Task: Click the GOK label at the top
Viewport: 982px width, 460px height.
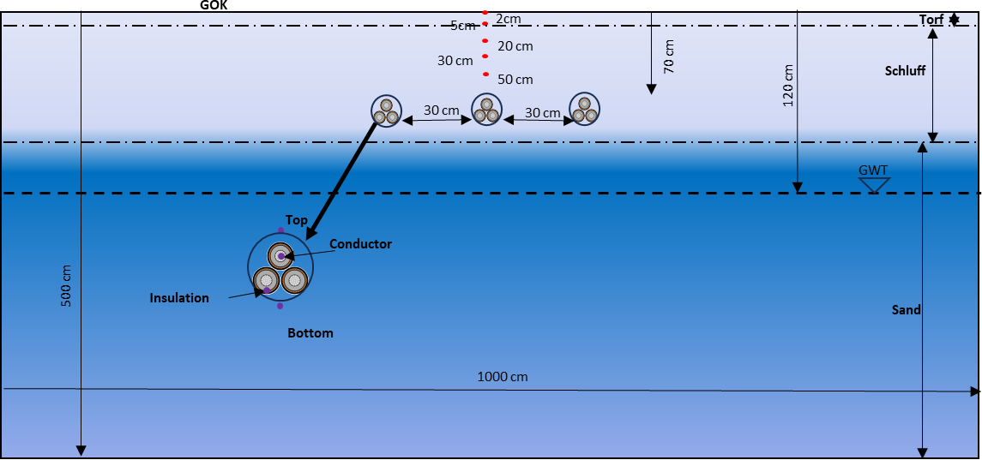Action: pyautogui.click(x=214, y=4)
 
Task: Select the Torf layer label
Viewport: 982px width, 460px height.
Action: pyautogui.click(x=931, y=19)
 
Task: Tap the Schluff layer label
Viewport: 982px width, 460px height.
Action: pyautogui.click(x=905, y=71)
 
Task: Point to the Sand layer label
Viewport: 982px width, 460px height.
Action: pyautogui.click(x=906, y=310)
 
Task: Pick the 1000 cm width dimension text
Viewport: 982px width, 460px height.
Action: pyautogui.click(x=503, y=377)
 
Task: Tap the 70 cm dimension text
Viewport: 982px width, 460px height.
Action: pyautogui.click(x=669, y=56)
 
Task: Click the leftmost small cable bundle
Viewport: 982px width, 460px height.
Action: pyautogui.click(x=386, y=111)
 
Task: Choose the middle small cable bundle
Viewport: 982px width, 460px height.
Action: pyautogui.click(x=486, y=109)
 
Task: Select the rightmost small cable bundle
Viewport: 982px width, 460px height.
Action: pyautogui.click(x=584, y=109)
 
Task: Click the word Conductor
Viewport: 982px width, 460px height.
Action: pyautogui.click(x=360, y=244)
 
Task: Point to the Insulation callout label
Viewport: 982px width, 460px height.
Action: pyautogui.click(x=179, y=298)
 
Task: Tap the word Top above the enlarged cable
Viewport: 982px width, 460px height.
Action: pyautogui.click(x=296, y=220)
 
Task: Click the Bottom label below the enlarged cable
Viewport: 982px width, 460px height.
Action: pyautogui.click(x=310, y=333)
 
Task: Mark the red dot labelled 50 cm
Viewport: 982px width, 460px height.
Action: pyautogui.click(x=485, y=75)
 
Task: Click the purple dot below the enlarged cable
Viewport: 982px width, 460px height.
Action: pyautogui.click(x=280, y=306)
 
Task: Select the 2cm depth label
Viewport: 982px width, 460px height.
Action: pyautogui.click(x=508, y=18)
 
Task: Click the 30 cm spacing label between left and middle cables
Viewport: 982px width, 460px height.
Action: pyautogui.click(x=442, y=111)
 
